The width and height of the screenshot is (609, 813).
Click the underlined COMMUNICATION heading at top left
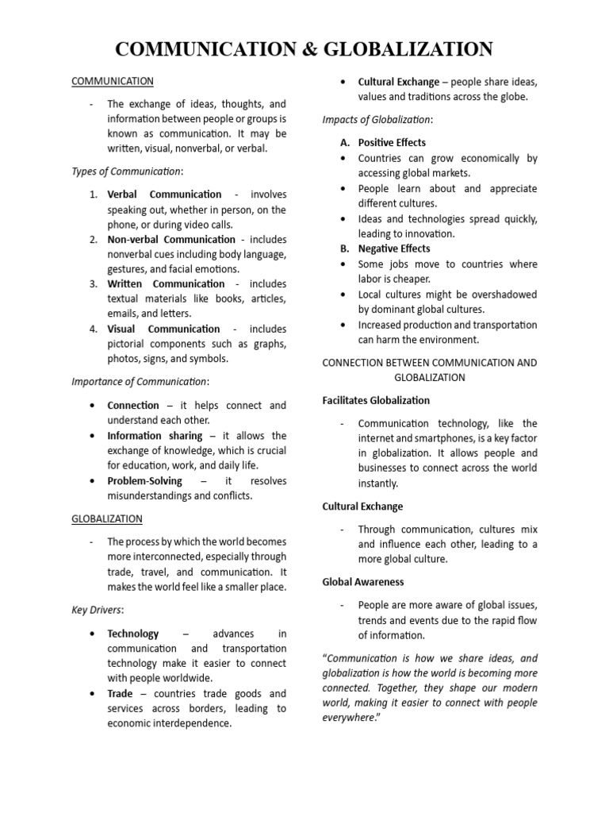coord(113,81)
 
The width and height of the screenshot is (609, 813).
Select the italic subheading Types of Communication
coord(127,171)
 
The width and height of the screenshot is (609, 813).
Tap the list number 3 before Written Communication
coord(93,284)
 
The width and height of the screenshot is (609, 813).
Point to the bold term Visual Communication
coord(163,329)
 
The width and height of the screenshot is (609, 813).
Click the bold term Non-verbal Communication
coord(171,239)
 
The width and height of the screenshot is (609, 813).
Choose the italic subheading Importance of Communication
coord(140,381)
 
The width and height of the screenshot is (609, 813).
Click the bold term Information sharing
coord(155,435)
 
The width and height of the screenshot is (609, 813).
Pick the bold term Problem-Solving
coord(144,481)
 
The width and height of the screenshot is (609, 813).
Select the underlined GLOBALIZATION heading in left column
coord(107,518)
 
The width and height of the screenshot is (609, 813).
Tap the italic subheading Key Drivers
coord(98,610)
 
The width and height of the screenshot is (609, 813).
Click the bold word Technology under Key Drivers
coord(132,634)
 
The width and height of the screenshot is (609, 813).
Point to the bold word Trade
coord(120,694)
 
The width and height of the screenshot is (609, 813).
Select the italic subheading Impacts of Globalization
coord(377,119)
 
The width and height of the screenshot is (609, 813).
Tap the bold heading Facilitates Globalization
coord(376,400)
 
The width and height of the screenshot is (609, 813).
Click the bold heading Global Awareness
coord(363,582)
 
